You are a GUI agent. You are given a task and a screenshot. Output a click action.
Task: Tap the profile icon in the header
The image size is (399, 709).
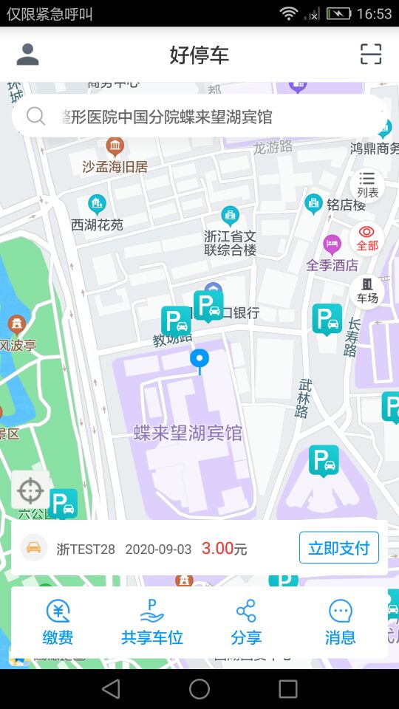tap(27, 54)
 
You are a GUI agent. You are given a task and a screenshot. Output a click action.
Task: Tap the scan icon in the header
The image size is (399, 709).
tap(371, 54)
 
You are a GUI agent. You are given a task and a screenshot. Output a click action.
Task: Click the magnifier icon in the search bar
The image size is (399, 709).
tap(35, 117)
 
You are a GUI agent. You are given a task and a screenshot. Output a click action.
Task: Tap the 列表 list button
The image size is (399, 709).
tap(367, 184)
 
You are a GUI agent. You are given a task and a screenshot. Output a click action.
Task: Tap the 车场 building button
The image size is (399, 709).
tap(367, 290)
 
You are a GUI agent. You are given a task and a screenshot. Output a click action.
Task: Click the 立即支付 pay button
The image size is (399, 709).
tap(338, 548)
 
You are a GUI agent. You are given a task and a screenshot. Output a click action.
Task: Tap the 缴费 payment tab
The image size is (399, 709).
tap(58, 623)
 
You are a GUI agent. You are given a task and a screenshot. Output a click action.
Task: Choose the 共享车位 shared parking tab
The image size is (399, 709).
tap(151, 623)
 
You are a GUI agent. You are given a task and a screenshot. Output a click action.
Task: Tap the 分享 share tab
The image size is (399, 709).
tap(246, 623)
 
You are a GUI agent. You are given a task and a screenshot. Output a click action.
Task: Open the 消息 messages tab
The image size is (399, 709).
tap(340, 623)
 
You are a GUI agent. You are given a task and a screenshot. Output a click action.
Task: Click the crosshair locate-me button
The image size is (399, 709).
tap(30, 490)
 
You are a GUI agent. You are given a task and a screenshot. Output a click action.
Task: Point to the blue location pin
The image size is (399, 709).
tap(199, 360)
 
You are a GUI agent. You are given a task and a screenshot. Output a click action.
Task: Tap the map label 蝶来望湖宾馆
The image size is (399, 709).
tap(188, 433)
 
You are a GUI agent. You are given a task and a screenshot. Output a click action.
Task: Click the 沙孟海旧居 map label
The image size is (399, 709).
tap(115, 167)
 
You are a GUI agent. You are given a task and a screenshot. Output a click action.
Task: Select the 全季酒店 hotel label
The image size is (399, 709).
tap(332, 264)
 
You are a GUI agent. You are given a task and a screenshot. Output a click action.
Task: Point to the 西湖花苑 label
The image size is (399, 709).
tap(97, 225)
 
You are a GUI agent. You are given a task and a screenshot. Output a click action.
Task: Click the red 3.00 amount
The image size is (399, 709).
tap(217, 549)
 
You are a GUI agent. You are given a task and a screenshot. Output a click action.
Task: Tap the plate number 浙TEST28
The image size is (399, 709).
tap(86, 549)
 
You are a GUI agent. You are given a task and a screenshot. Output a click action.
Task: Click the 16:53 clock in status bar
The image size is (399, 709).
tap(374, 13)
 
